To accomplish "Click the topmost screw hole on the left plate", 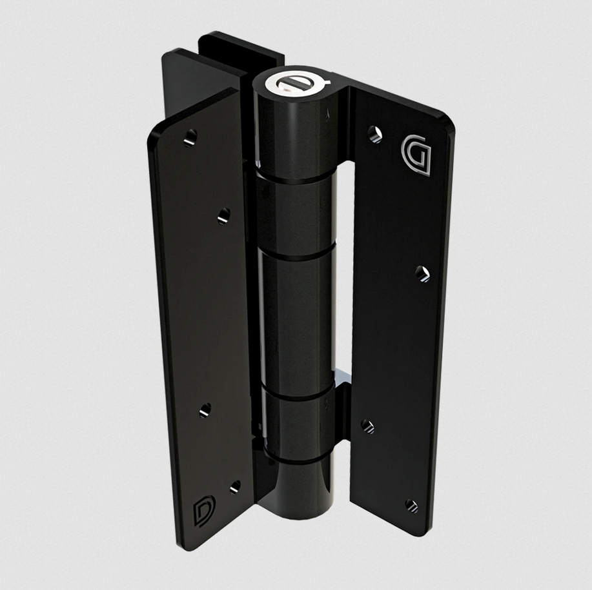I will tap(190, 137).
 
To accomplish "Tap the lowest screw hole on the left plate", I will tap(235, 486).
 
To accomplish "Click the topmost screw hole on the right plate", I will tap(374, 134).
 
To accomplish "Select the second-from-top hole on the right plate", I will tap(422, 274).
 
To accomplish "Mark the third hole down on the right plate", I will tap(367, 426).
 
